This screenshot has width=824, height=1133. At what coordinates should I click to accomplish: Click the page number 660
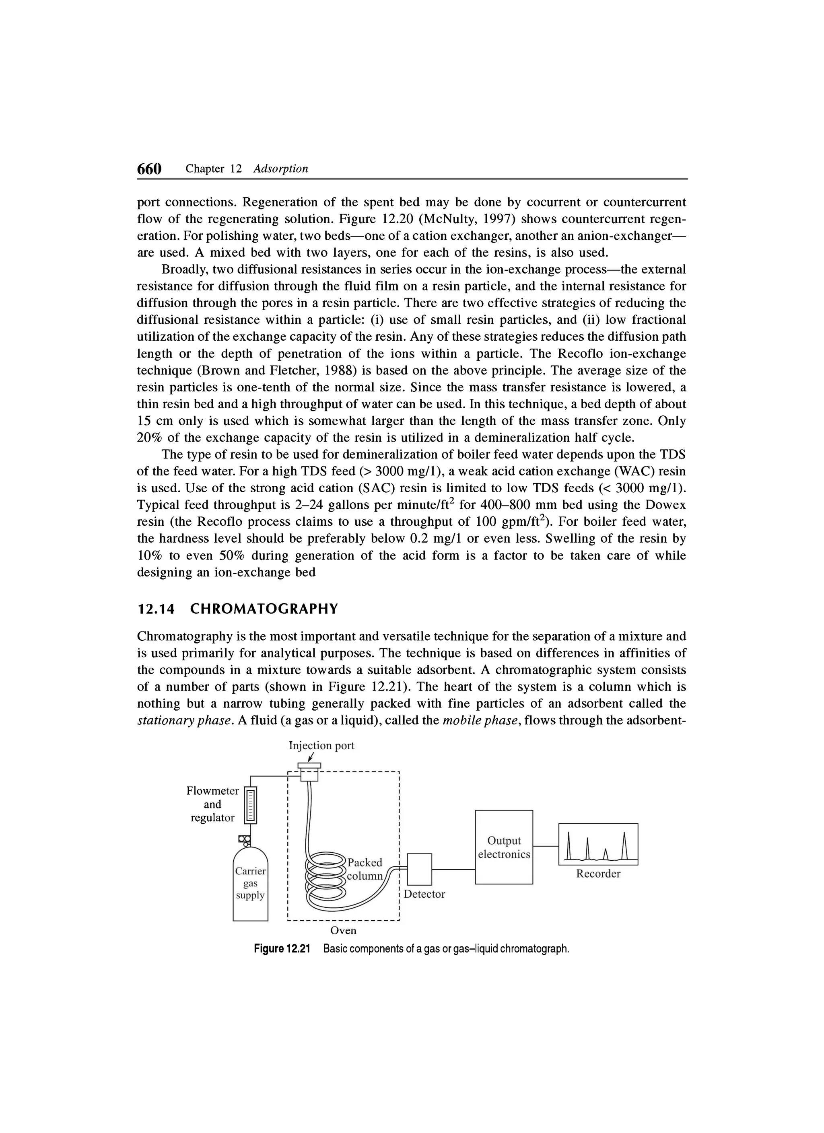coord(150,169)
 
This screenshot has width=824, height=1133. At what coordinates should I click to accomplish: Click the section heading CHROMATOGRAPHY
coord(264,609)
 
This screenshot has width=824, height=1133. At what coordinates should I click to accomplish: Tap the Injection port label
coord(322,745)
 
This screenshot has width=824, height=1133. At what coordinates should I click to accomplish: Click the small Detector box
coord(419,869)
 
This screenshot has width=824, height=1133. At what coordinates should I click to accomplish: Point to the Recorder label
coord(598,873)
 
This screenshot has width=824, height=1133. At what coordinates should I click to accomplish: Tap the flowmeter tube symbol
coord(250,805)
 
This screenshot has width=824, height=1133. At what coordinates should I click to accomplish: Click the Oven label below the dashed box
coord(344,930)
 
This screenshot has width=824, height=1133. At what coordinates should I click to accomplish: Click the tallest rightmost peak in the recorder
coord(624,844)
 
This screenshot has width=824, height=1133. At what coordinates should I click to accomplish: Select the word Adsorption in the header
coord(281,169)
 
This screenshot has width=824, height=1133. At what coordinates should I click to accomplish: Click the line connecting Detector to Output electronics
coord(453,869)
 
